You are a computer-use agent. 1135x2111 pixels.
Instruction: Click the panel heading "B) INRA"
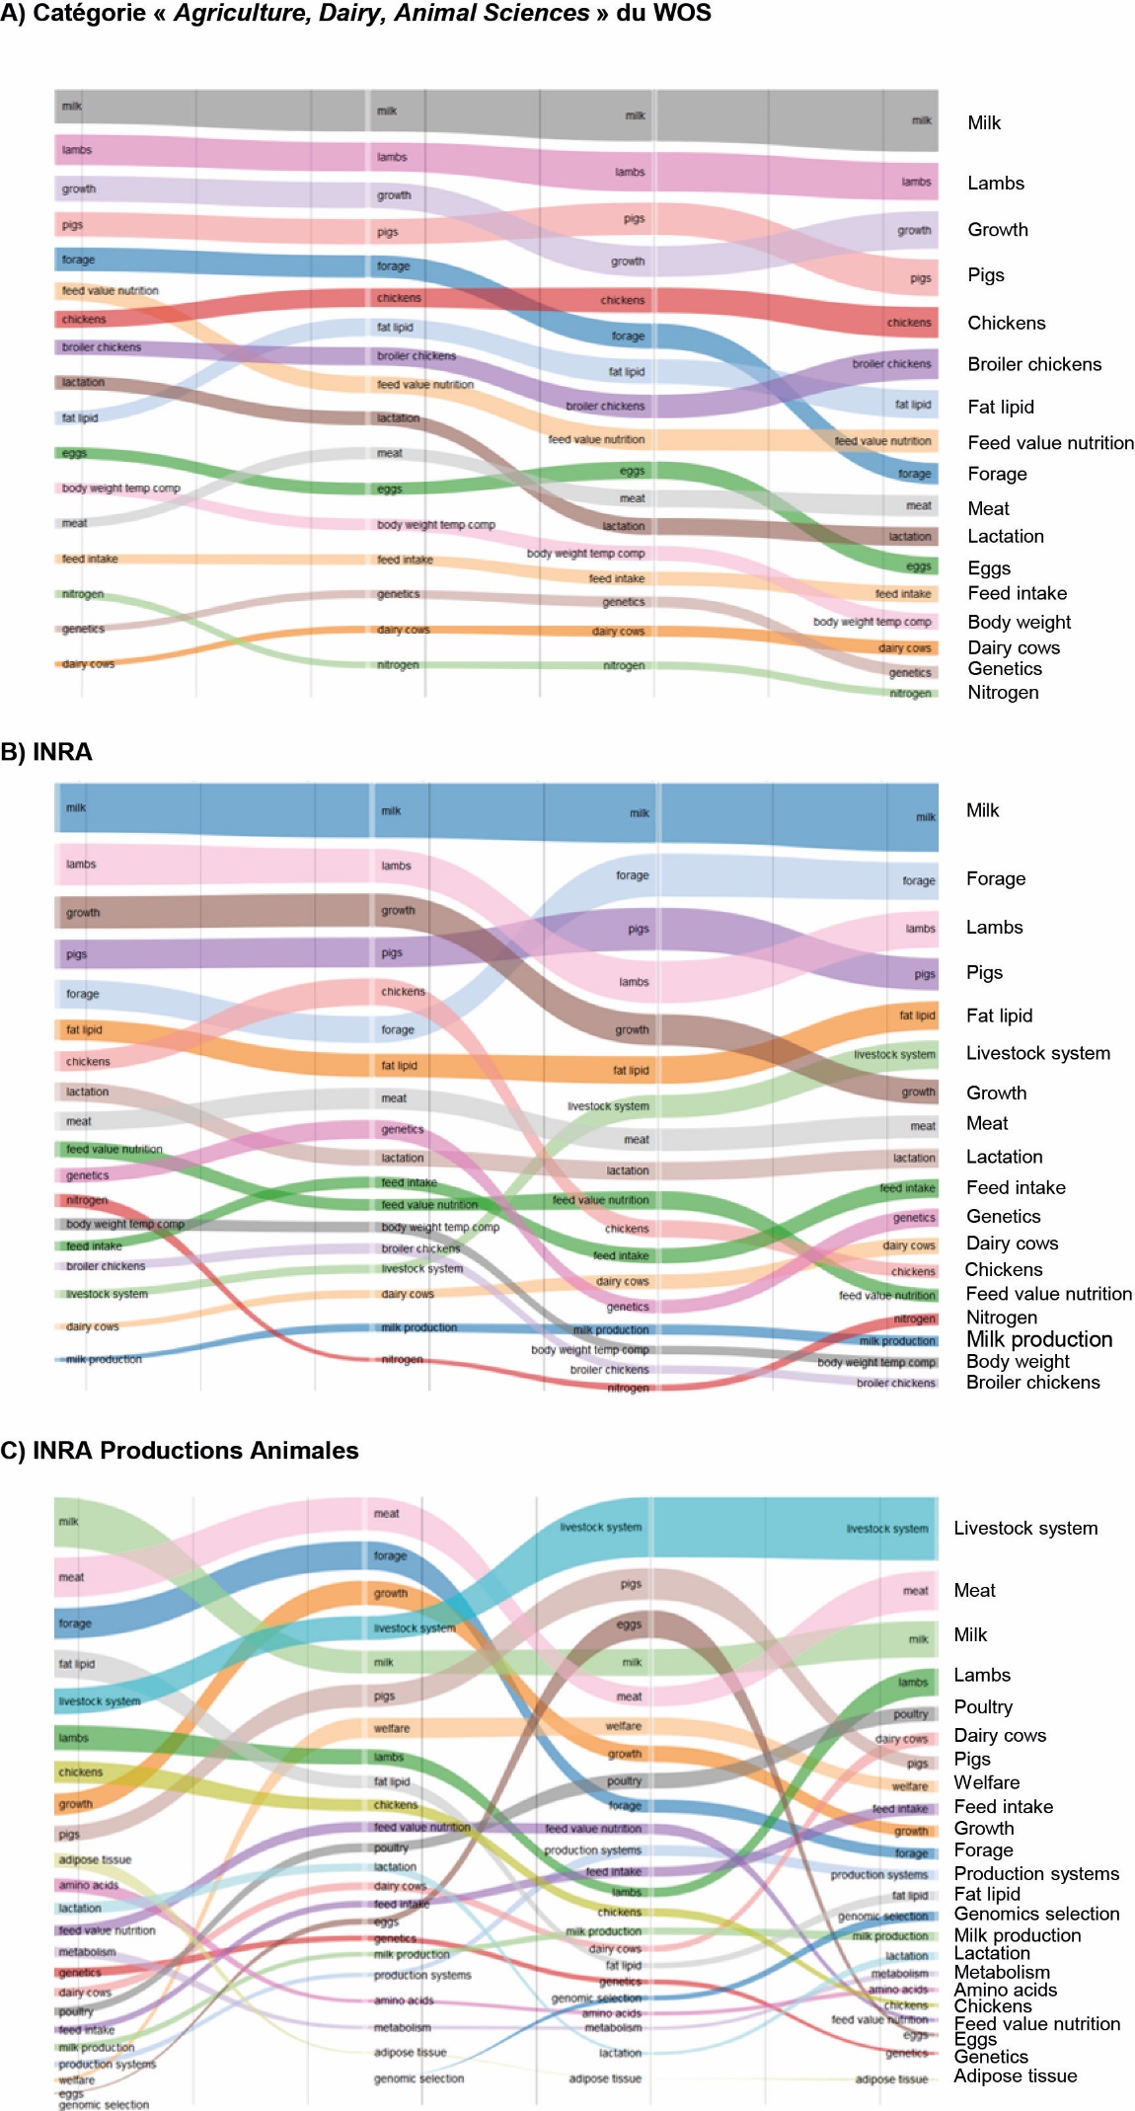point(46,752)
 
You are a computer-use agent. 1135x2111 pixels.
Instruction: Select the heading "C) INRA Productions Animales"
point(180,1450)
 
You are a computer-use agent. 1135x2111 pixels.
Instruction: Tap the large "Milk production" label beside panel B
point(1038,1339)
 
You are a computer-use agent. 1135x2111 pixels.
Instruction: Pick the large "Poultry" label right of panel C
point(982,1706)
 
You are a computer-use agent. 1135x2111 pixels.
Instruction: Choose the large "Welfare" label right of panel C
point(986,1782)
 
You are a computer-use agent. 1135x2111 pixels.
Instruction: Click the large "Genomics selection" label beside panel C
point(1036,1914)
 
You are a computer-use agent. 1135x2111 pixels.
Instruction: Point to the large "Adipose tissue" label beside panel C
point(1015,2075)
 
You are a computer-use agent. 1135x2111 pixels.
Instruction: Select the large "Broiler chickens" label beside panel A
point(1033,364)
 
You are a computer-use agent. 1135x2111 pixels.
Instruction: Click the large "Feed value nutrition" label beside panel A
point(1050,443)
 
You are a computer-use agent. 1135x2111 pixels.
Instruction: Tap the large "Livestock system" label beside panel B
point(1037,1053)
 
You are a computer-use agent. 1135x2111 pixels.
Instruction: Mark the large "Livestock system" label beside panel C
point(1024,1528)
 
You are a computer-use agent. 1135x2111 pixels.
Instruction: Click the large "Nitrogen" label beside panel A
point(1002,692)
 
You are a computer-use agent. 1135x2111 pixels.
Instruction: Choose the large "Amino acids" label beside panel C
point(1005,1990)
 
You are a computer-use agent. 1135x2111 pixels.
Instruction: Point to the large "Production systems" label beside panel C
point(1035,1873)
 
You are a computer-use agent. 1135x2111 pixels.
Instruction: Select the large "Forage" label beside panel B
point(995,878)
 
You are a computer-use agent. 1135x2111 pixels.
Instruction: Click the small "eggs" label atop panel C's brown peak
point(629,1623)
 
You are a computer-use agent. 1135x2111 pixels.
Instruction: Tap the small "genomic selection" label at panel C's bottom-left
point(104,2104)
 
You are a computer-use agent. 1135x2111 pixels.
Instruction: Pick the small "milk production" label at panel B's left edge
point(104,1359)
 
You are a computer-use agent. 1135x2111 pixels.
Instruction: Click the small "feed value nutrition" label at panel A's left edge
point(110,291)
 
